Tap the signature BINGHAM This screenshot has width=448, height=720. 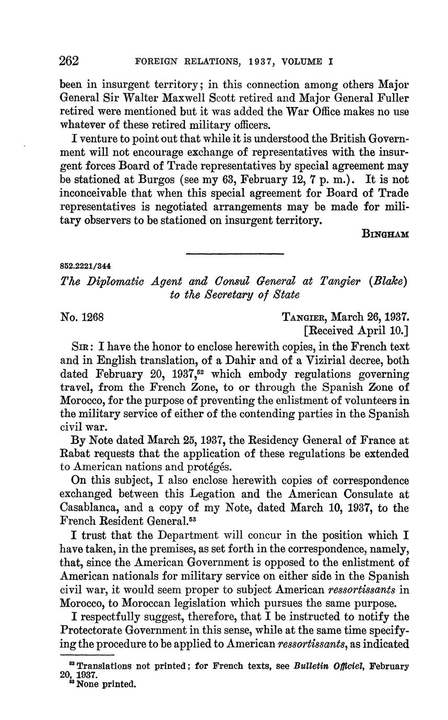click(385, 234)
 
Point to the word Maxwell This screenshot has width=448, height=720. click(183, 98)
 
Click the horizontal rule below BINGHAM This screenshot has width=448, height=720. click(235, 254)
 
